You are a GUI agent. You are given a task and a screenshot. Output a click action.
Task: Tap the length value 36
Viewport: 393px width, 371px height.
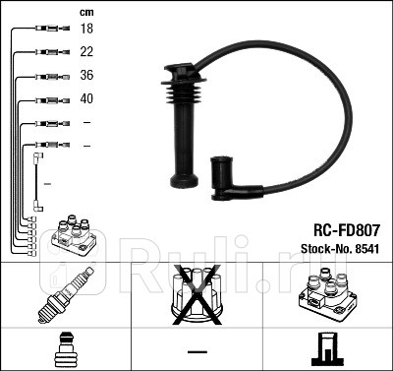click(x=85, y=76)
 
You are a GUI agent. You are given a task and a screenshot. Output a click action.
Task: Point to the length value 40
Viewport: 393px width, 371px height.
click(x=85, y=99)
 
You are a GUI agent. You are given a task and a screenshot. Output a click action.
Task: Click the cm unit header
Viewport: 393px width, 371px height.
click(x=85, y=12)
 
